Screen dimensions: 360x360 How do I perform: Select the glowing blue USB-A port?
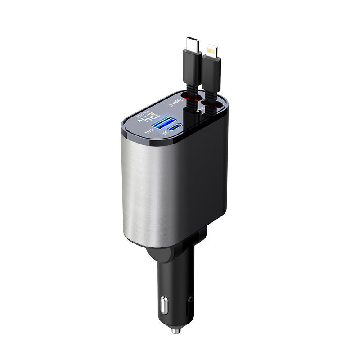tap(161, 124)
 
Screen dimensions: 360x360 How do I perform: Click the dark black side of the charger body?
tap(205, 180)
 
